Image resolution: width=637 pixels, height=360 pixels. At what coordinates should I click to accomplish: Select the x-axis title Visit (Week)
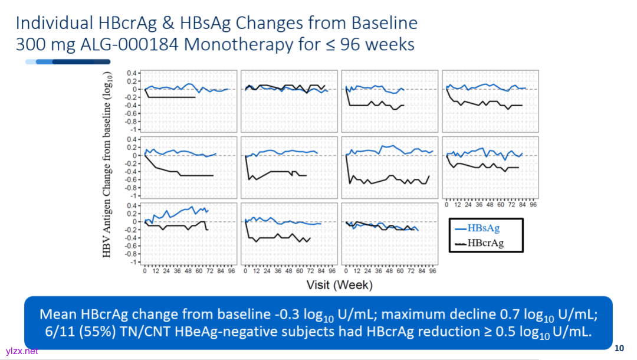tap(339, 285)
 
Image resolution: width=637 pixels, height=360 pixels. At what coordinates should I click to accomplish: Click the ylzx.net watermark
tap(22, 351)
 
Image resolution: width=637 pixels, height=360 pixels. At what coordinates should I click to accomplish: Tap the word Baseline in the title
tap(385, 23)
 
